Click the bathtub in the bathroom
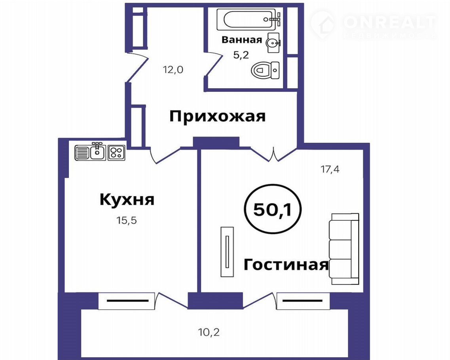[x=249, y=19]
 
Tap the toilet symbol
[x=265, y=70]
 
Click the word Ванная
[x=242, y=40]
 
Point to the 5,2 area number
[x=241, y=55]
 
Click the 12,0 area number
[x=173, y=69]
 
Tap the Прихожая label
[x=218, y=116]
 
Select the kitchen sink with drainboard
[x=90, y=152]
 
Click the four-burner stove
[x=116, y=153]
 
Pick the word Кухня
[x=127, y=199]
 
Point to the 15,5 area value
[x=127, y=220]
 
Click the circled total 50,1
[x=272, y=209]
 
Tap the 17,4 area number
[x=330, y=169]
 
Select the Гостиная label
[x=286, y=265]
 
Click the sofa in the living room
[x=344, y=249]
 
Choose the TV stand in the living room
[x=227, y=252]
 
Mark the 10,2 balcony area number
[x=209, y=332]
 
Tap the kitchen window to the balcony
[x=127, y=301]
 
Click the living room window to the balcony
[x=303, y=301]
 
